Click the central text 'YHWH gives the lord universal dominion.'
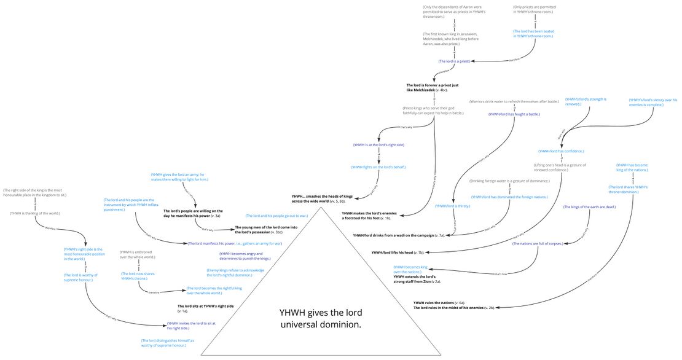coord(319,318)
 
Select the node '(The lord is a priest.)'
coord(454,61)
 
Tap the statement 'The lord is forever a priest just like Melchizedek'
coord(434,87)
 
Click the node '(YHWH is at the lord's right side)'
coord(378,145)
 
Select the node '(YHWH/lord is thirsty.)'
coord(452,206)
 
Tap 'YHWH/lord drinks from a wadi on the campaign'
coord(398,235)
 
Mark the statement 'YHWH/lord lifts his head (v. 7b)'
coord(398,252)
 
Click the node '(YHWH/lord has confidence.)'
coord(560,151)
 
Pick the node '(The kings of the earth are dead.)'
coord(589,207)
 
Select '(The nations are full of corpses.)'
coord(539,244)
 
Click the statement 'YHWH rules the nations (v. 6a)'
coord(439,302)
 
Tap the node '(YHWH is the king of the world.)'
coord(35,213)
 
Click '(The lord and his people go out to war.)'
coord(276,216)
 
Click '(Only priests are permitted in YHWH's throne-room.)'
coord(533,9)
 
